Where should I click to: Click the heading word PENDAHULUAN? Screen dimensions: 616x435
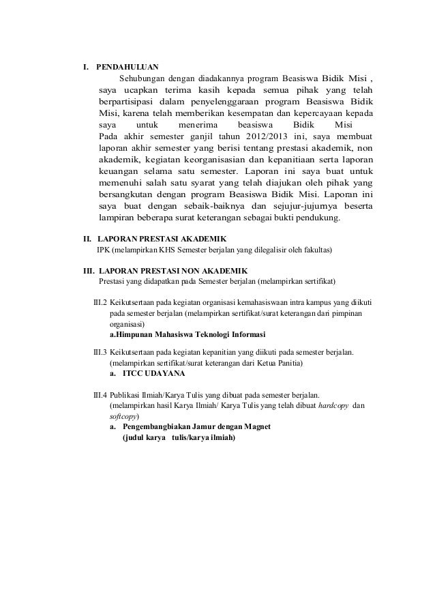tap(127, 68)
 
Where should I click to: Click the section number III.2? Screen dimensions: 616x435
tap(100, 302)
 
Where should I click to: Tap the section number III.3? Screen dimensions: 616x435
tap(100, 352)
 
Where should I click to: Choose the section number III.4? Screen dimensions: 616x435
tap(100, 394)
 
